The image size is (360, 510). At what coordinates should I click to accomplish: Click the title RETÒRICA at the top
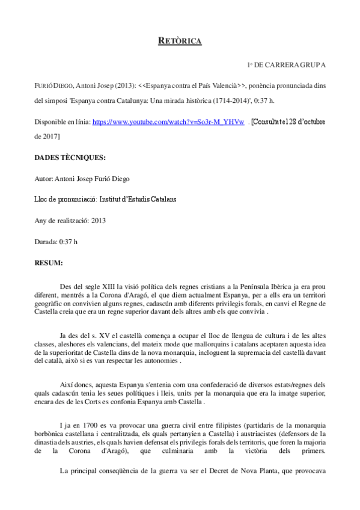179,41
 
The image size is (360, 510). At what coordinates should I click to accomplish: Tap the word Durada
46,242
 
